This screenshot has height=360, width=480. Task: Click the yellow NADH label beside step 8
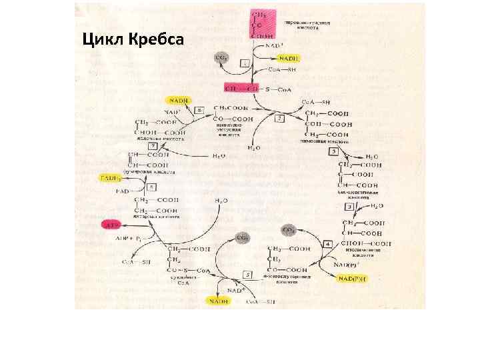[179, 101]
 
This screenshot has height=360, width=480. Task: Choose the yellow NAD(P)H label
[353, 279]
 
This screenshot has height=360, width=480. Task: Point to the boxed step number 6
[153, 187]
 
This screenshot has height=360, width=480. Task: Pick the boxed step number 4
[327, 245]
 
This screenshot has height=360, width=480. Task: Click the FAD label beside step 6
[123, 191]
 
